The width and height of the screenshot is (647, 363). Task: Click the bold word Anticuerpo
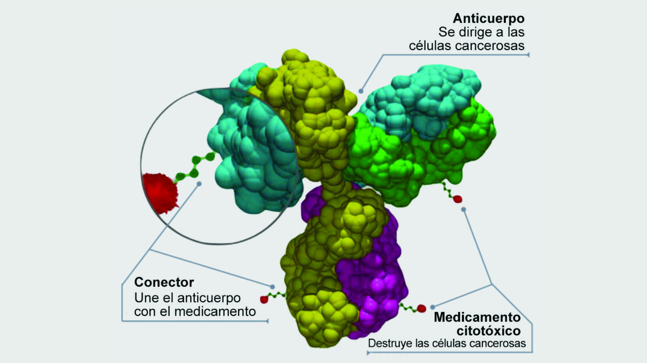(x=488, y=18)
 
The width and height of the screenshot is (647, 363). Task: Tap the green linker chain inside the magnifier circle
(x=195, y=167)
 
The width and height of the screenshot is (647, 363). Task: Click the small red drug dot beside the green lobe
(x=457, y=199)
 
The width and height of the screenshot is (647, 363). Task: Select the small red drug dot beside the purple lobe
(x=421, y=308)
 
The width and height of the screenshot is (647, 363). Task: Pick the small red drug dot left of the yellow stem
(x=264, y=299)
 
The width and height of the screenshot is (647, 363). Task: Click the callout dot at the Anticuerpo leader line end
(x=361, y=90)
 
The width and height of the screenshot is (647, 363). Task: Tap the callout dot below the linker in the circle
(x=199, y=184)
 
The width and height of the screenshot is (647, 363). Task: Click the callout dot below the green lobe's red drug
(x=464, y=209)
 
